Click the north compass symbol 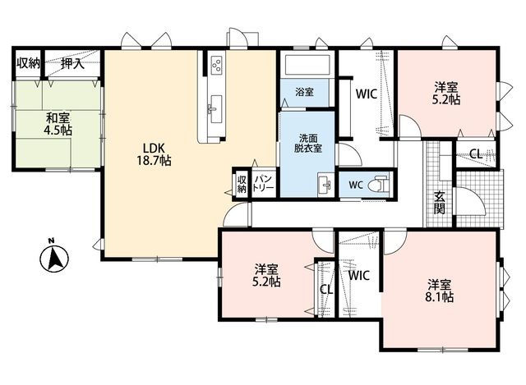[x=54, y=258]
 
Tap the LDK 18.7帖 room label [x=154, y=154]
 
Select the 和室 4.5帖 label [x=58, y=124]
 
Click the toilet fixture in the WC [x=378, y=184]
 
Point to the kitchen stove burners [x=216, y=64]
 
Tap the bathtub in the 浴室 [x=307, y=66]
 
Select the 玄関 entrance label [x=439, y=203]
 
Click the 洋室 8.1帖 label [x=440, y=291]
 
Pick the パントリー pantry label [x=263, y=182]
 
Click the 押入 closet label [x=72, y=63]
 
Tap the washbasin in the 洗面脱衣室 [x=325, y=185]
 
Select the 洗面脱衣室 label [x=308, y=144]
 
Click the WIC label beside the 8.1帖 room [x=358, y=276]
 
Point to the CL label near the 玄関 [x=476, y=154]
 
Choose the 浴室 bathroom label [x=305, y=92]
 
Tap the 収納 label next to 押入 [x=29, y=63]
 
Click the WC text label [x=355, y=185]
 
